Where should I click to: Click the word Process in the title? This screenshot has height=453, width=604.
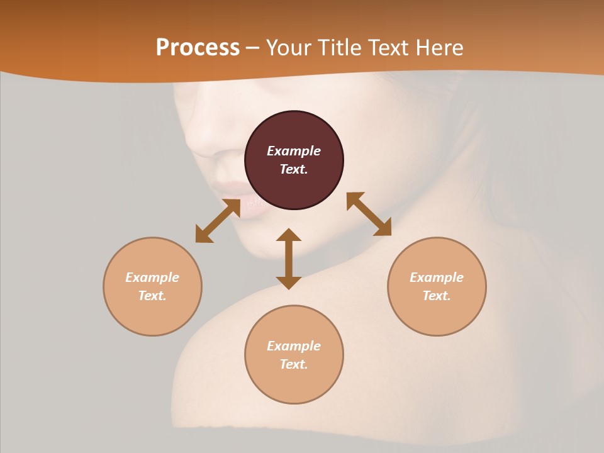click(x=198, y=48)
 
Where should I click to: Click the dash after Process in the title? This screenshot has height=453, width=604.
click(x=252, y=48)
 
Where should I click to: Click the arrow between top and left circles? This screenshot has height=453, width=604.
click(x=218, y=221)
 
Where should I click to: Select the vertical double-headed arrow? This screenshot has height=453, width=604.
click(x=289, y=259)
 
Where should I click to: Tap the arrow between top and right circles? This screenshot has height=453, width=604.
click(x=369, y=214)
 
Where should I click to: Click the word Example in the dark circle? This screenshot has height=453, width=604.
click(x=294, y=151)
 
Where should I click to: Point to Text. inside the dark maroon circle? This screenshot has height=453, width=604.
click(x=294, y=169)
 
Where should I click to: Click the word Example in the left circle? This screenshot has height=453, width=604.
click(x=152, y=277)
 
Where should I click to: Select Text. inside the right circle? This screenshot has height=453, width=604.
click(x=437, y=296)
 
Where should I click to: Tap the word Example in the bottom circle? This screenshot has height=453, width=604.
click(x=294, y=346)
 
